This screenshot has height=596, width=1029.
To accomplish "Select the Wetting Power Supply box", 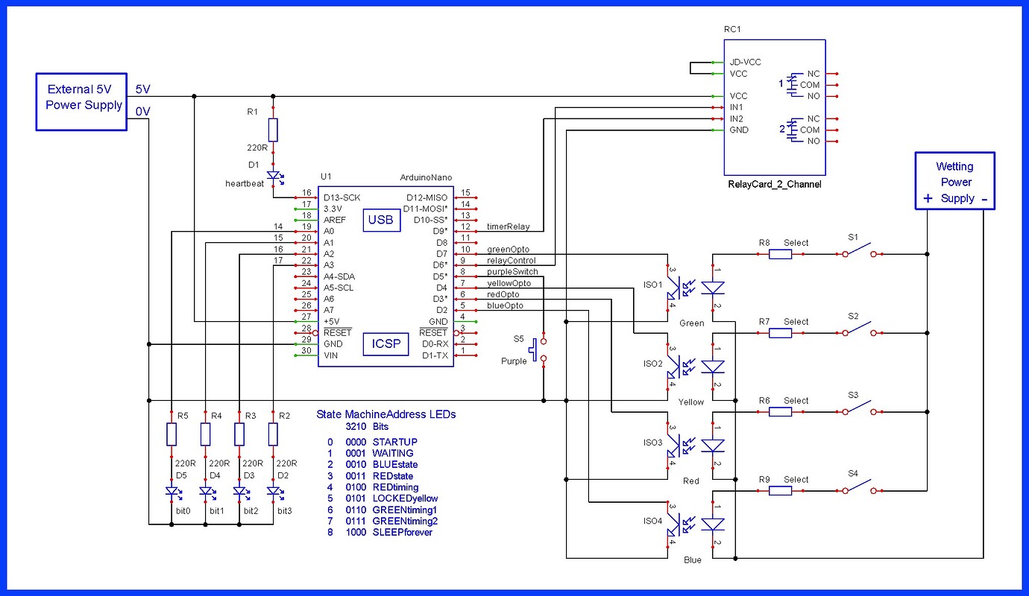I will pyautogui.click(x=954, y=182).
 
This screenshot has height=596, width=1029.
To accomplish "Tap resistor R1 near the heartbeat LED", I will pyautogui.click(x=273, y=130).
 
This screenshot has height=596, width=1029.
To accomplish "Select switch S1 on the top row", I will pyautogui.click(x=863, y=250).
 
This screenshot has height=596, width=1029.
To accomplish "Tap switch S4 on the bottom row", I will pyautogui.click(x=863, y=487).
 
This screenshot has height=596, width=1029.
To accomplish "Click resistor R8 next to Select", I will pyautogui.click(x=780, y=254).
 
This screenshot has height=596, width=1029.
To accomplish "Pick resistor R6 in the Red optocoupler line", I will pyautogui.click(x=780, y=412).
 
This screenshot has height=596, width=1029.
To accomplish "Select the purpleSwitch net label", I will pyautogui.click(x=512, y=272).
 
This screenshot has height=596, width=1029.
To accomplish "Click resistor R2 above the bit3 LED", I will pyautogui.click(x=273, y=434).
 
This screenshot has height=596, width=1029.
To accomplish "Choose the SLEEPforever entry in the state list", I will pyautogui.click(x=402, y=532).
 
